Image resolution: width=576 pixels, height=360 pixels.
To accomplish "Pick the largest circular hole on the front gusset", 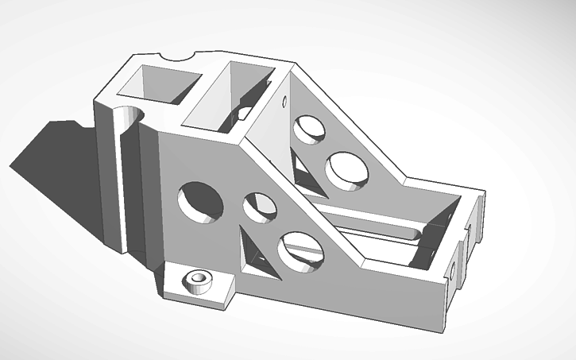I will pyautogui.click(x=202, y=203).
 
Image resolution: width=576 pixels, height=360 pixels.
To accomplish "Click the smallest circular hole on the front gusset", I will pyautogui.click(x=260, y=208).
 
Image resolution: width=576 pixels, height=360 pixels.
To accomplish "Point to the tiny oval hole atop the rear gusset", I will pyautogui.click(x=284, y=102).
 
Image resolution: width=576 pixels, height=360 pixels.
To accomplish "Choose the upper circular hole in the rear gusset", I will pyautogui.click(x=308, y=130).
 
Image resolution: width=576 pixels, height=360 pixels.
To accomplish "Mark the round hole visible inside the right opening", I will pyautogui.click(x=245, y=114).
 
